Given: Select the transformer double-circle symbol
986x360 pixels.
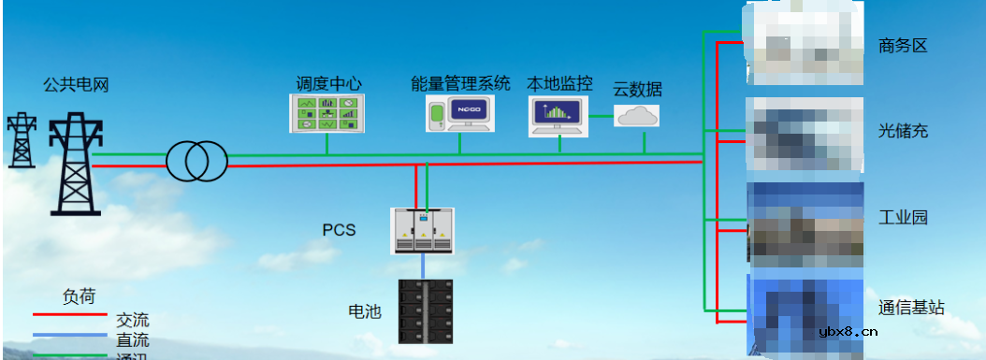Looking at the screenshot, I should [x=197, y=162].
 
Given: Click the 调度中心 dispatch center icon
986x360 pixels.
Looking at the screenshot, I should [x=326, y=112].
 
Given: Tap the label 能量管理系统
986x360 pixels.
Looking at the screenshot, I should [x=460, y=83].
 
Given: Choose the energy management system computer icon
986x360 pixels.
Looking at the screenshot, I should [x=460, y=113].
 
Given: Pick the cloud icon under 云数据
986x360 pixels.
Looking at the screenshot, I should [x=637, y=116].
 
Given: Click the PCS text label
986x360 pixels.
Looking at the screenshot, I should [x=339, y=230].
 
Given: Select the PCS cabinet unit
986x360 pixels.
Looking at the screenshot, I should [x=422, y=231].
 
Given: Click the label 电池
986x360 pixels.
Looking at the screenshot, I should [x=365, y=311].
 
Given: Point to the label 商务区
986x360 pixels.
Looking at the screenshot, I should [x=903, y=45].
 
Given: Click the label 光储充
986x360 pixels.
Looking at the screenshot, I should [x=903, y=131].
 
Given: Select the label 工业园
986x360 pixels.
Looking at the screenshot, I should [x=903, y=218].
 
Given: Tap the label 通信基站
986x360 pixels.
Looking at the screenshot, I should [x=911, y=307].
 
